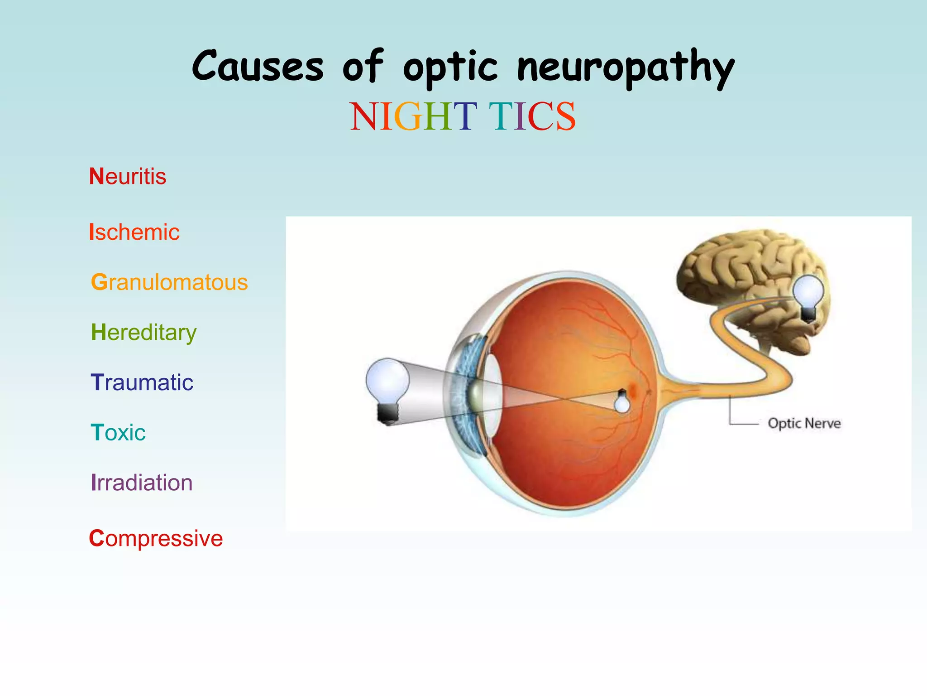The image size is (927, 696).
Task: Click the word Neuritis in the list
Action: (128, 176)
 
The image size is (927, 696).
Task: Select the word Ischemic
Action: (134, 232)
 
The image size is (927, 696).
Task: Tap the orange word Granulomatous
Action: (169, 282)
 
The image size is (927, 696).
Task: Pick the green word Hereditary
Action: (143, 333)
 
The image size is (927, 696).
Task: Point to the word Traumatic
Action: (142, 382)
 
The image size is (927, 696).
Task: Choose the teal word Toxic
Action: (118, 433)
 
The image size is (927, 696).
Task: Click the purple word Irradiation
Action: (142, 483)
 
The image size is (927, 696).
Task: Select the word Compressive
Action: (156, 538)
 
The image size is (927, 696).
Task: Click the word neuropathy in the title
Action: (626, 68)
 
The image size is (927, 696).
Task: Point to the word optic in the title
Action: (450, 68)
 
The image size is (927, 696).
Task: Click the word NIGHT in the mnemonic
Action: (413, 116)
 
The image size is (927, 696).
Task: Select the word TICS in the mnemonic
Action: (532, 116)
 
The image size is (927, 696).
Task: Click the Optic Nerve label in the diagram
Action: (804, 423)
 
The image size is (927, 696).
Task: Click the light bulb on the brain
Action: (809, 297)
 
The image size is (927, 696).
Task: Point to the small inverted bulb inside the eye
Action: (622, 401)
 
